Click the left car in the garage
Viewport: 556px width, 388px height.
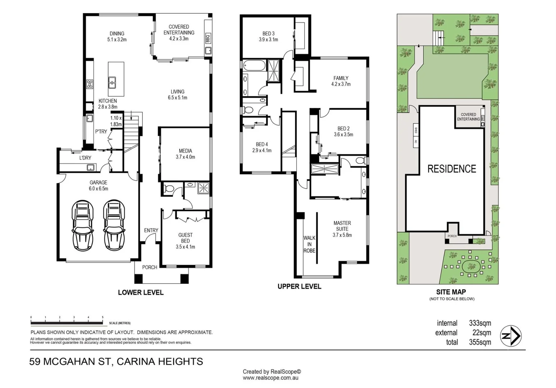point(83,225)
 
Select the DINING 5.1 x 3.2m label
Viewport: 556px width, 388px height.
point(117,37)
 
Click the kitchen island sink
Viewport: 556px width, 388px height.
point(112,82)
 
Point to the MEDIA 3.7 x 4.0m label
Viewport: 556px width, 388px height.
point(185,154)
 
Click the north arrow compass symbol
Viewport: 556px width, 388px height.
point(511,336)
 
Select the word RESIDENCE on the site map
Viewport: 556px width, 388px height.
point(451,169)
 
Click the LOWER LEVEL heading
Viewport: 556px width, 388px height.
point(140,293)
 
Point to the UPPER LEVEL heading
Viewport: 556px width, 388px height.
point(299,286)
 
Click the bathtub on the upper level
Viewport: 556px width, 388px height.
point(254,66)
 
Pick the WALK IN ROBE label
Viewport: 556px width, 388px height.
point(309,244)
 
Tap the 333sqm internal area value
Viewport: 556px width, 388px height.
point(480,323)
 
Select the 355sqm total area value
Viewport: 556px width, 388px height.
point(480,342)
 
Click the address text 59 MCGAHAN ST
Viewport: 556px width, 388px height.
point(70,361)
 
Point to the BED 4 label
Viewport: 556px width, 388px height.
point(262,147)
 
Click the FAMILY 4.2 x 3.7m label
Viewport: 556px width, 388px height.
point(341,81)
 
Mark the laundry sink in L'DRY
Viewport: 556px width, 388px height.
point(91,167)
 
